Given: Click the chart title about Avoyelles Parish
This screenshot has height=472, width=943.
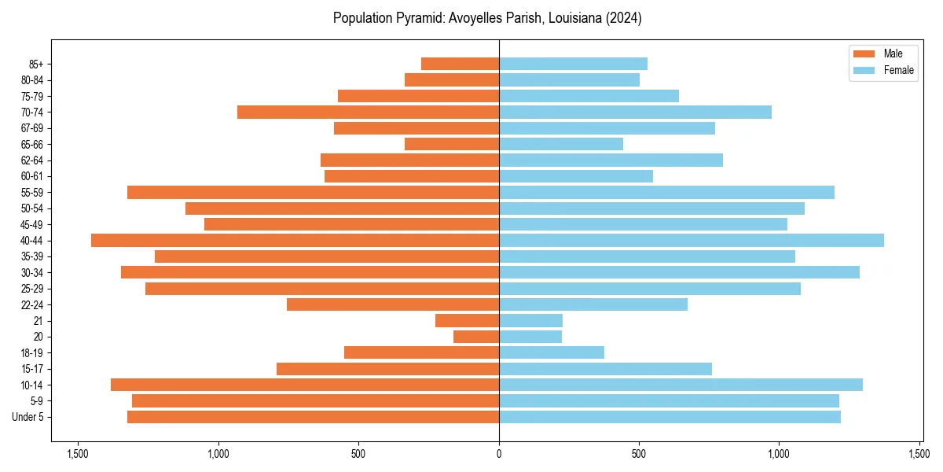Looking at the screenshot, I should [487, 18].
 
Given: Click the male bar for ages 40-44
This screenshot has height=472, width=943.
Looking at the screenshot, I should [295, 240].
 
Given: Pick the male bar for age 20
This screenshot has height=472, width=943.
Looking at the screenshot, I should [476, 337].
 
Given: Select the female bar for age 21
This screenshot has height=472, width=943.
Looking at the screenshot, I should [530, 320].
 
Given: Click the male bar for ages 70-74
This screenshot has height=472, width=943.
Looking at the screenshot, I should [368, 112].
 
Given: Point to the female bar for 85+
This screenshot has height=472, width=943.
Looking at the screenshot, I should [573, 64].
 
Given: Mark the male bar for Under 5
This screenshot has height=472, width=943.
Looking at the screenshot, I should [313, 417].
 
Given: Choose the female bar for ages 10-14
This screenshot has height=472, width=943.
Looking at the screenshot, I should [681, 385].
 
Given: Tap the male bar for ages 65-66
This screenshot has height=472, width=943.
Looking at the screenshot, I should [452, 144].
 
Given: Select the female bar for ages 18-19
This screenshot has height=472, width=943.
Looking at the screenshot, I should [552, 352].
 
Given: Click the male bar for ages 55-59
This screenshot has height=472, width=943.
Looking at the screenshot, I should [313, 192].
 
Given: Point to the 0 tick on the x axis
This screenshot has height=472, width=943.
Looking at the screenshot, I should [499, 453].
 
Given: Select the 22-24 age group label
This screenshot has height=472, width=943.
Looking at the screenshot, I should [38, 304].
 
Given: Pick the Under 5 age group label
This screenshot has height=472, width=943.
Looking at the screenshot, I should [33, 417].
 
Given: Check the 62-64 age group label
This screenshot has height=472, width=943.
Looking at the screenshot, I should [38, 160].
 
